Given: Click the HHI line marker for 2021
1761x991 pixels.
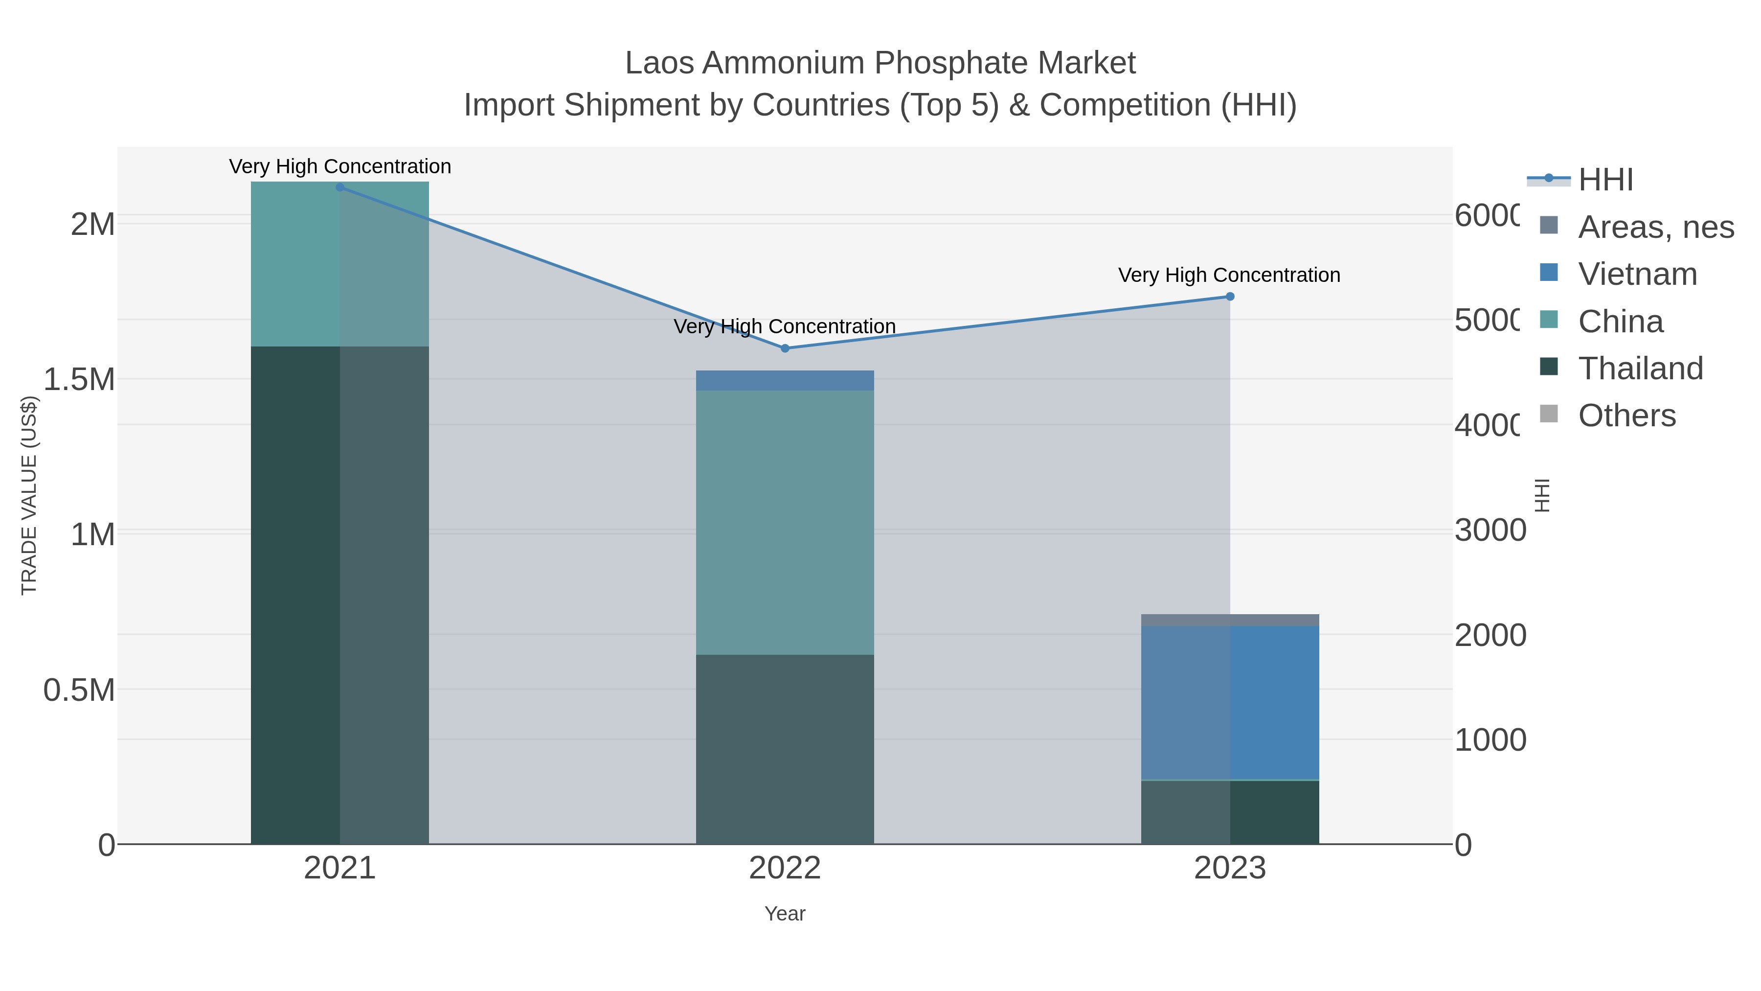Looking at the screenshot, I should (x=340, y=187).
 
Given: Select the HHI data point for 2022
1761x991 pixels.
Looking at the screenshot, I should (x=785, y=348).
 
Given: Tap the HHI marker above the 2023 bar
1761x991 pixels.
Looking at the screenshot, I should (x=1230, y=296).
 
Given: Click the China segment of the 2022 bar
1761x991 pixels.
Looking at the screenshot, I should (x=785, y=523).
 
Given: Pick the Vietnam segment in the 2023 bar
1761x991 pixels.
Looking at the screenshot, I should (x=1230, y=702).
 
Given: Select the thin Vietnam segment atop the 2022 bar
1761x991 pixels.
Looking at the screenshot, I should (x=785, y=380).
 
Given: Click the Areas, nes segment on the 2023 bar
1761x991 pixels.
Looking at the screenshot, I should (x=1230, y=620).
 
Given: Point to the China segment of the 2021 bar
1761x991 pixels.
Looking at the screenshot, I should (x=340, y=264).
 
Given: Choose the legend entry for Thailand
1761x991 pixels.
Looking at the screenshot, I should (x=1640, y=368).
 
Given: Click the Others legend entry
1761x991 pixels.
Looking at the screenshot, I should (x=1626, y=415).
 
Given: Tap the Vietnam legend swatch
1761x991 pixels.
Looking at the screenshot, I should (x=1548, y=273).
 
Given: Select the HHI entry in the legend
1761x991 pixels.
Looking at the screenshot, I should (x=1605, y=179).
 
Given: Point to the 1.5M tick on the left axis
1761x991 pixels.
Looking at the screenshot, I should (x=79, y=379).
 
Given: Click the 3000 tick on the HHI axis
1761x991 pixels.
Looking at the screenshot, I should (x=1490, y=530).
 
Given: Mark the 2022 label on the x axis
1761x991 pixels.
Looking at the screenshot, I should (x=785, y=868).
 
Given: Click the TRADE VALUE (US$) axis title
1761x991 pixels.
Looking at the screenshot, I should (x=29, y=495).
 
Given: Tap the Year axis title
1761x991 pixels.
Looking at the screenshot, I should (x=785, y=914).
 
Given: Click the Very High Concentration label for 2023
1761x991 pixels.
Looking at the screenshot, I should (x=1228, y=275).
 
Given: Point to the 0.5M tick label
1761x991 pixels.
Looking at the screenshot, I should (x=79, y=690).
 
